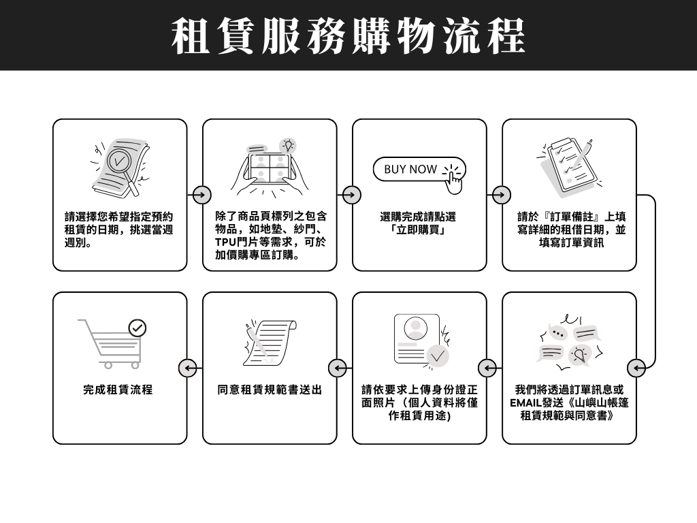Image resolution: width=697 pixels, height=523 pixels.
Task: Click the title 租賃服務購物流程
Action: [348, 35]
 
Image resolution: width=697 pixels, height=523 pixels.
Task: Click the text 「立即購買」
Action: [419, 230]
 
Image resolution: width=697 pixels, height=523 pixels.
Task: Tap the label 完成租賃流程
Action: [118, 390]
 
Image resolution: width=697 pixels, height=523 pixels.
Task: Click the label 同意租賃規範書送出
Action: [270, 390]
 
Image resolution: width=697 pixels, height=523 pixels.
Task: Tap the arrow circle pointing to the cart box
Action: [188, 368]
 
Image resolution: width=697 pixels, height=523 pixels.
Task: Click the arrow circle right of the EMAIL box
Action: [637, 368]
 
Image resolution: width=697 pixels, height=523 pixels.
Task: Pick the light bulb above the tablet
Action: [289, 145]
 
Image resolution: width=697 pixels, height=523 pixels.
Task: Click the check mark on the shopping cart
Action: [137, 328]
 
